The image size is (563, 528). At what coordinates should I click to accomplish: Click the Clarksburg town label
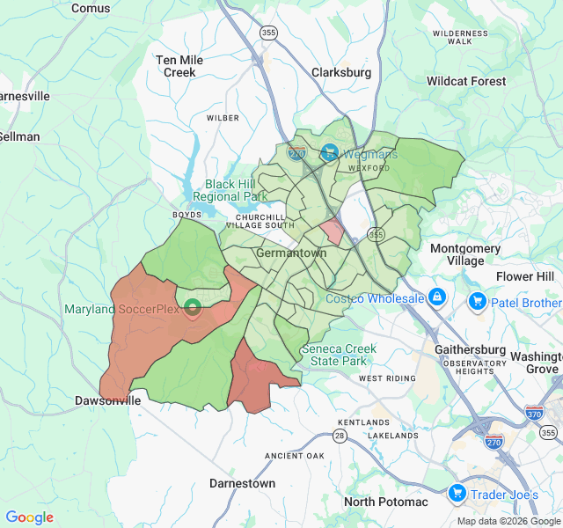[341, 72]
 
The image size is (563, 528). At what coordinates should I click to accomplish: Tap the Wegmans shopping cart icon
[329, 153]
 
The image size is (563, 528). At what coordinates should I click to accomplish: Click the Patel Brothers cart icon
[478, 303]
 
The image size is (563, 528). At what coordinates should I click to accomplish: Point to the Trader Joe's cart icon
[457, 495]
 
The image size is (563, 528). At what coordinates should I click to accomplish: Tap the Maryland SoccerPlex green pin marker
[193, 308]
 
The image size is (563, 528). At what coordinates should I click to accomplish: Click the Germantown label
[291, 253]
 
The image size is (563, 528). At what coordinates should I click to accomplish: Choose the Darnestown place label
[242, 483]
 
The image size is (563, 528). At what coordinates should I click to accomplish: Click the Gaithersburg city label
[471, 349]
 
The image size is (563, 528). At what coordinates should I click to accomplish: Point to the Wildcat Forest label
[466, 81]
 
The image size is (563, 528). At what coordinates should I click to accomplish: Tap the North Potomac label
[385, 502]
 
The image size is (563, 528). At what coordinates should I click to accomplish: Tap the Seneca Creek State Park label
[338, 355]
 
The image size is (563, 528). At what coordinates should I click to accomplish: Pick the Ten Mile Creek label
[179, 66]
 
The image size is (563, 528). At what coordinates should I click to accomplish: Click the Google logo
[30, 517]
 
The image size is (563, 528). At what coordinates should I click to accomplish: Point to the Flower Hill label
[525, 276]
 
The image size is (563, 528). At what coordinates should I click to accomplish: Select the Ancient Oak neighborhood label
[295, 455]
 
